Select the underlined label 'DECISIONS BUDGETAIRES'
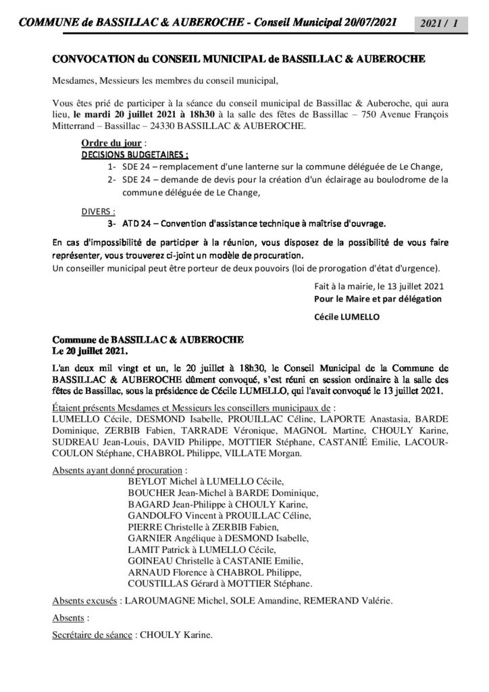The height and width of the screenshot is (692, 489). point(124,155)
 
